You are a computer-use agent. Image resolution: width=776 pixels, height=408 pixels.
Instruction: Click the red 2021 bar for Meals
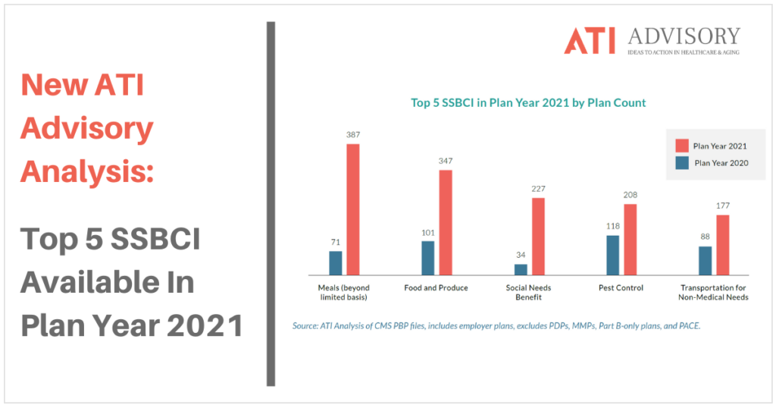pyautogui.click(x=353, y=209)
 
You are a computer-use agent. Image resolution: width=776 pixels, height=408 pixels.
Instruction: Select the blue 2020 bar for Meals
pyautogui.click(x=336, y=263)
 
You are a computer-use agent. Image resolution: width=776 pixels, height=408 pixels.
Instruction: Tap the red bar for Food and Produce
pyautogui.click(x=446, y=222)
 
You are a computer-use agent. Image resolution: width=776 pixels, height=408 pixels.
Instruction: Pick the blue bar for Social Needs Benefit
pyautogui.click(x=521, y=269)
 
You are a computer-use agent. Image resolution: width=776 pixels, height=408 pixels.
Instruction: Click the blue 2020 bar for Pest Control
pyautogui.click(x=613, y=255)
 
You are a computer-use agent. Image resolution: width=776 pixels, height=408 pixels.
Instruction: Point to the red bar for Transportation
pyautogui.click(x=722, y=245)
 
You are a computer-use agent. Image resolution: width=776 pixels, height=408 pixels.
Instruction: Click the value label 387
pyautogui.click(x=353, y=135)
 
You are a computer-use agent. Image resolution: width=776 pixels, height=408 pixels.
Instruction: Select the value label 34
pyautogui.click(x=521, y=255)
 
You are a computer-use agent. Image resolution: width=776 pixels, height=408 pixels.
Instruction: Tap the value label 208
pyautogui.click(x=630, y=195)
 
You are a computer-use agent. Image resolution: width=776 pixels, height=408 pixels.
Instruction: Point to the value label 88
pyautogui.click(x=706, y=237)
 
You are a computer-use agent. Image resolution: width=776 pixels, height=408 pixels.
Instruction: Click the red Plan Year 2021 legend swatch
pyautogui.click(x=682, y=146)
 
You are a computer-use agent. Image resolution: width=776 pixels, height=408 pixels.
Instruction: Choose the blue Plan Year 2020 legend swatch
pyautogui.click(x=682, y=163)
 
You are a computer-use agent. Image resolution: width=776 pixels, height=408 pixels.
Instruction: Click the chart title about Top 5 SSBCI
pyautogui.click(x=528, y=103)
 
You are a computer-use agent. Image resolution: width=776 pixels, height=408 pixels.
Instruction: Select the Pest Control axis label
pyautogui.click(x=621, y=287)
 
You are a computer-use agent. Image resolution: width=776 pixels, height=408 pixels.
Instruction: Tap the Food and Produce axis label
pyautogui.click(x=436, y=287)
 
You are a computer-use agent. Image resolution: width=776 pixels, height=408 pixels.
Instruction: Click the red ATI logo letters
pyautogui.click(x=590, y=41)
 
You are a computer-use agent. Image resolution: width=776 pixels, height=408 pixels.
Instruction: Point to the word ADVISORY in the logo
pyautogui.click(x=684, y=36)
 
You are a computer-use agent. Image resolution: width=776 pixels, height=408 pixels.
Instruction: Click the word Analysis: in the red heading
pyautogui.click(x=87, y=172)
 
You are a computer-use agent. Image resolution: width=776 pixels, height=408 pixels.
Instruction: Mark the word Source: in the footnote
pyautogui.click(x=305, y=326)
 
